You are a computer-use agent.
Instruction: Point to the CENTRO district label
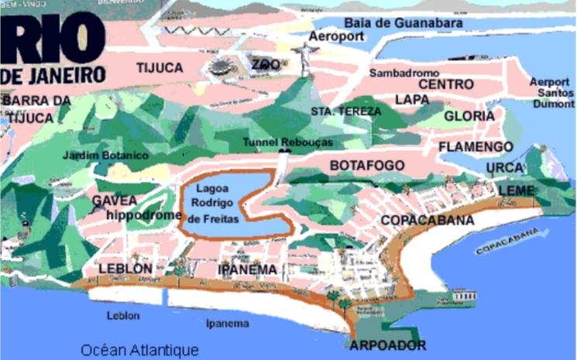point(445,84)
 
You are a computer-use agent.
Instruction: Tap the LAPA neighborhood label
point(412,99)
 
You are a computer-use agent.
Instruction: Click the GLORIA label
point(469,116)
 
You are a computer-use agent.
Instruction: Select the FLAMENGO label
point(476,146)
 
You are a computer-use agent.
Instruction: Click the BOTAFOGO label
point(367,166)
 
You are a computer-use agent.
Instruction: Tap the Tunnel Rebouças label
point(287,142)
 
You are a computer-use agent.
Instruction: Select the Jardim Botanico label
point(106,155)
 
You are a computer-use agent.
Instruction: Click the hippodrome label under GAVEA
point(144,214)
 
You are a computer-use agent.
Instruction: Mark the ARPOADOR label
point(388,345)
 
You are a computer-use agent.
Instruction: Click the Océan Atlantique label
point(139,349)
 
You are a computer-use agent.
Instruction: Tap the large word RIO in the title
point(52,39)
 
